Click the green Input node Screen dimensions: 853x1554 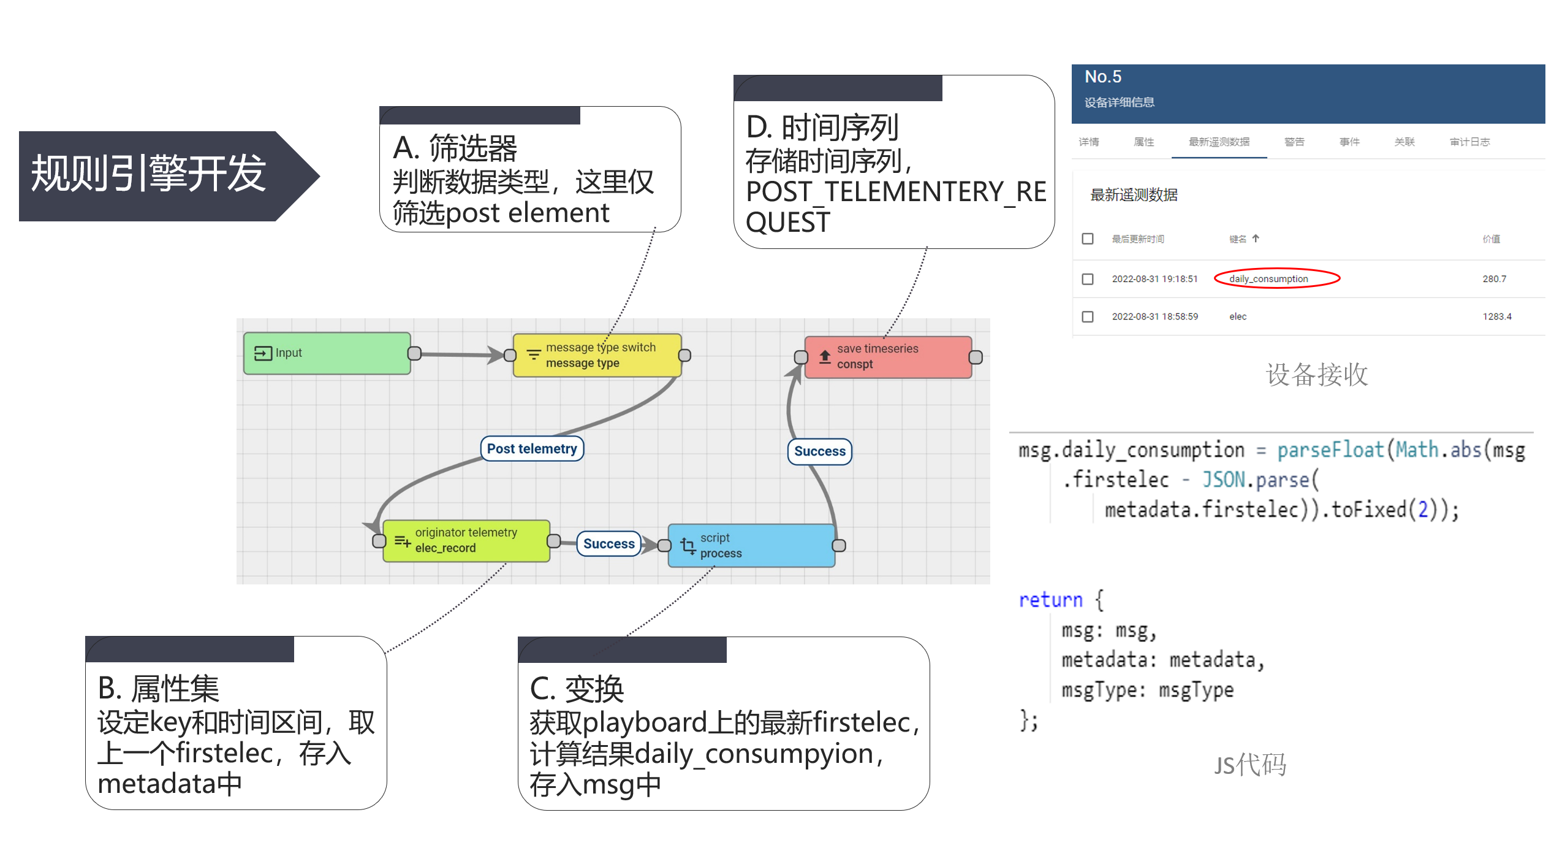(x=327, y=353)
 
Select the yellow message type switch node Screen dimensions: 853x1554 (x=597, y=355)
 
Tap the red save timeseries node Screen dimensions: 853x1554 (x=888, y=357)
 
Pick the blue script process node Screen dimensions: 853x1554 (x=751, y=545)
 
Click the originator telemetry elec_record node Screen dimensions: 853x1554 (x=466, y=540)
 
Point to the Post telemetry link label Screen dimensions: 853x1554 (x=532, y=449)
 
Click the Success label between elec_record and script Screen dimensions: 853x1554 (x=608, y=544)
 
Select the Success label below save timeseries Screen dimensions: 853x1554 (x=819, y=451)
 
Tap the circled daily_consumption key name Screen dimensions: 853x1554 (x=1268, y=279)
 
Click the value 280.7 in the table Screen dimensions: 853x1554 (x=1494, y=279)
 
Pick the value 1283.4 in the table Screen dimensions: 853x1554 (x=1496, y=316)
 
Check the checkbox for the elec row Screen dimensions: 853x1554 (x=1088, y=316)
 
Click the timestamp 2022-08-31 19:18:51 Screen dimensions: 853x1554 (x=1154, y=279)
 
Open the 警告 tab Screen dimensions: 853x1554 (x=1294, y=142)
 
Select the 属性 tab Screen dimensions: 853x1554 (x=1143, y=142)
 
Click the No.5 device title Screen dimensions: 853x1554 (x=1103, y=77)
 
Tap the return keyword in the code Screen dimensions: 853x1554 (x=1050, y=600)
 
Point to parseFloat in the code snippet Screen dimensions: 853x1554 (x=1330, y=450)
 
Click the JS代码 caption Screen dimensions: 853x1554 (x=1250, y=765)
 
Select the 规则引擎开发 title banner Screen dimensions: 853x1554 (x=149, y=174)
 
